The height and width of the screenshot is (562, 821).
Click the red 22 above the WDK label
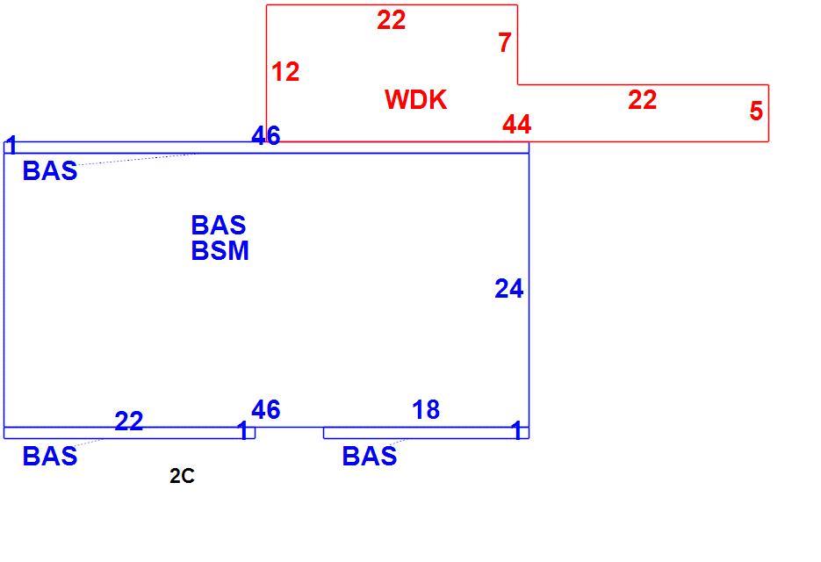click(x=391, y=20)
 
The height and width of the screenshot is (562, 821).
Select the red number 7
click(x=505, y=42)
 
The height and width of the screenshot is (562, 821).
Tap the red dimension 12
click(x=285, y=72)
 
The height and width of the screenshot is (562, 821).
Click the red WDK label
click(x=415, y=99)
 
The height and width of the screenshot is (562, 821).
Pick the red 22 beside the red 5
click(x=643, y=99)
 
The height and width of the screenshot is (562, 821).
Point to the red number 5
click(x=756, y=111)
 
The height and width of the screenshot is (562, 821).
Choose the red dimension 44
click(x=517, y=125)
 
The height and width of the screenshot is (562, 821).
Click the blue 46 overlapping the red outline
click(x=266, y=135)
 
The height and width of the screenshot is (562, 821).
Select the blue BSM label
click(x=220, y=251)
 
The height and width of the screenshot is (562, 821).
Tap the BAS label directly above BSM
click(x=219, y=226)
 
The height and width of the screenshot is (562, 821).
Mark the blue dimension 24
click(x=509, y=289)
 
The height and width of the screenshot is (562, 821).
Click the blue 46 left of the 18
click(x=266, y=410)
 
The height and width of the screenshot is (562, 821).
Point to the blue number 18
click(x=426, y=410)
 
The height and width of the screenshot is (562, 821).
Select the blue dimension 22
click(x=129, y=421)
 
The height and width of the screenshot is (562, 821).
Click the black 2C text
click(x=183, y=476)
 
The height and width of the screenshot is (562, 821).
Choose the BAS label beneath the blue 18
click(x=369, y=457)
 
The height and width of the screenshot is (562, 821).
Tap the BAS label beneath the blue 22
click(x=50, y=457)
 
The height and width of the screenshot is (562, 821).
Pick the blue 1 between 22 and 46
click(x=243, y=430)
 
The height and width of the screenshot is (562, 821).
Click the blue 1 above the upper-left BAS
click(x=11, y=146)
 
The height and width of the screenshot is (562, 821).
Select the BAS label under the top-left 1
click(x=50, y=171)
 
